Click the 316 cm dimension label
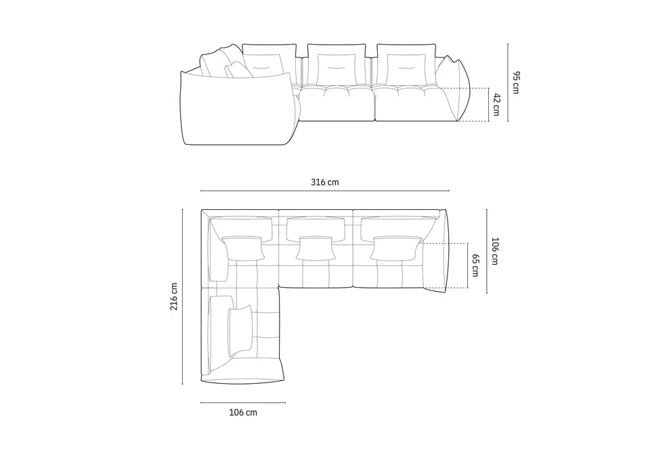324,183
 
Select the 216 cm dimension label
174,296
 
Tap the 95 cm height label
516,82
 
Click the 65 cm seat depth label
475,265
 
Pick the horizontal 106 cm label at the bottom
242,412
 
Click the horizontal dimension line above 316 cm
324,191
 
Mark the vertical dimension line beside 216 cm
183,296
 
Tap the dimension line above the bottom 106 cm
242,403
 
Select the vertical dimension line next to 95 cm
507,82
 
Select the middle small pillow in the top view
315,248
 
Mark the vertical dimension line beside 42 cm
487,105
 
